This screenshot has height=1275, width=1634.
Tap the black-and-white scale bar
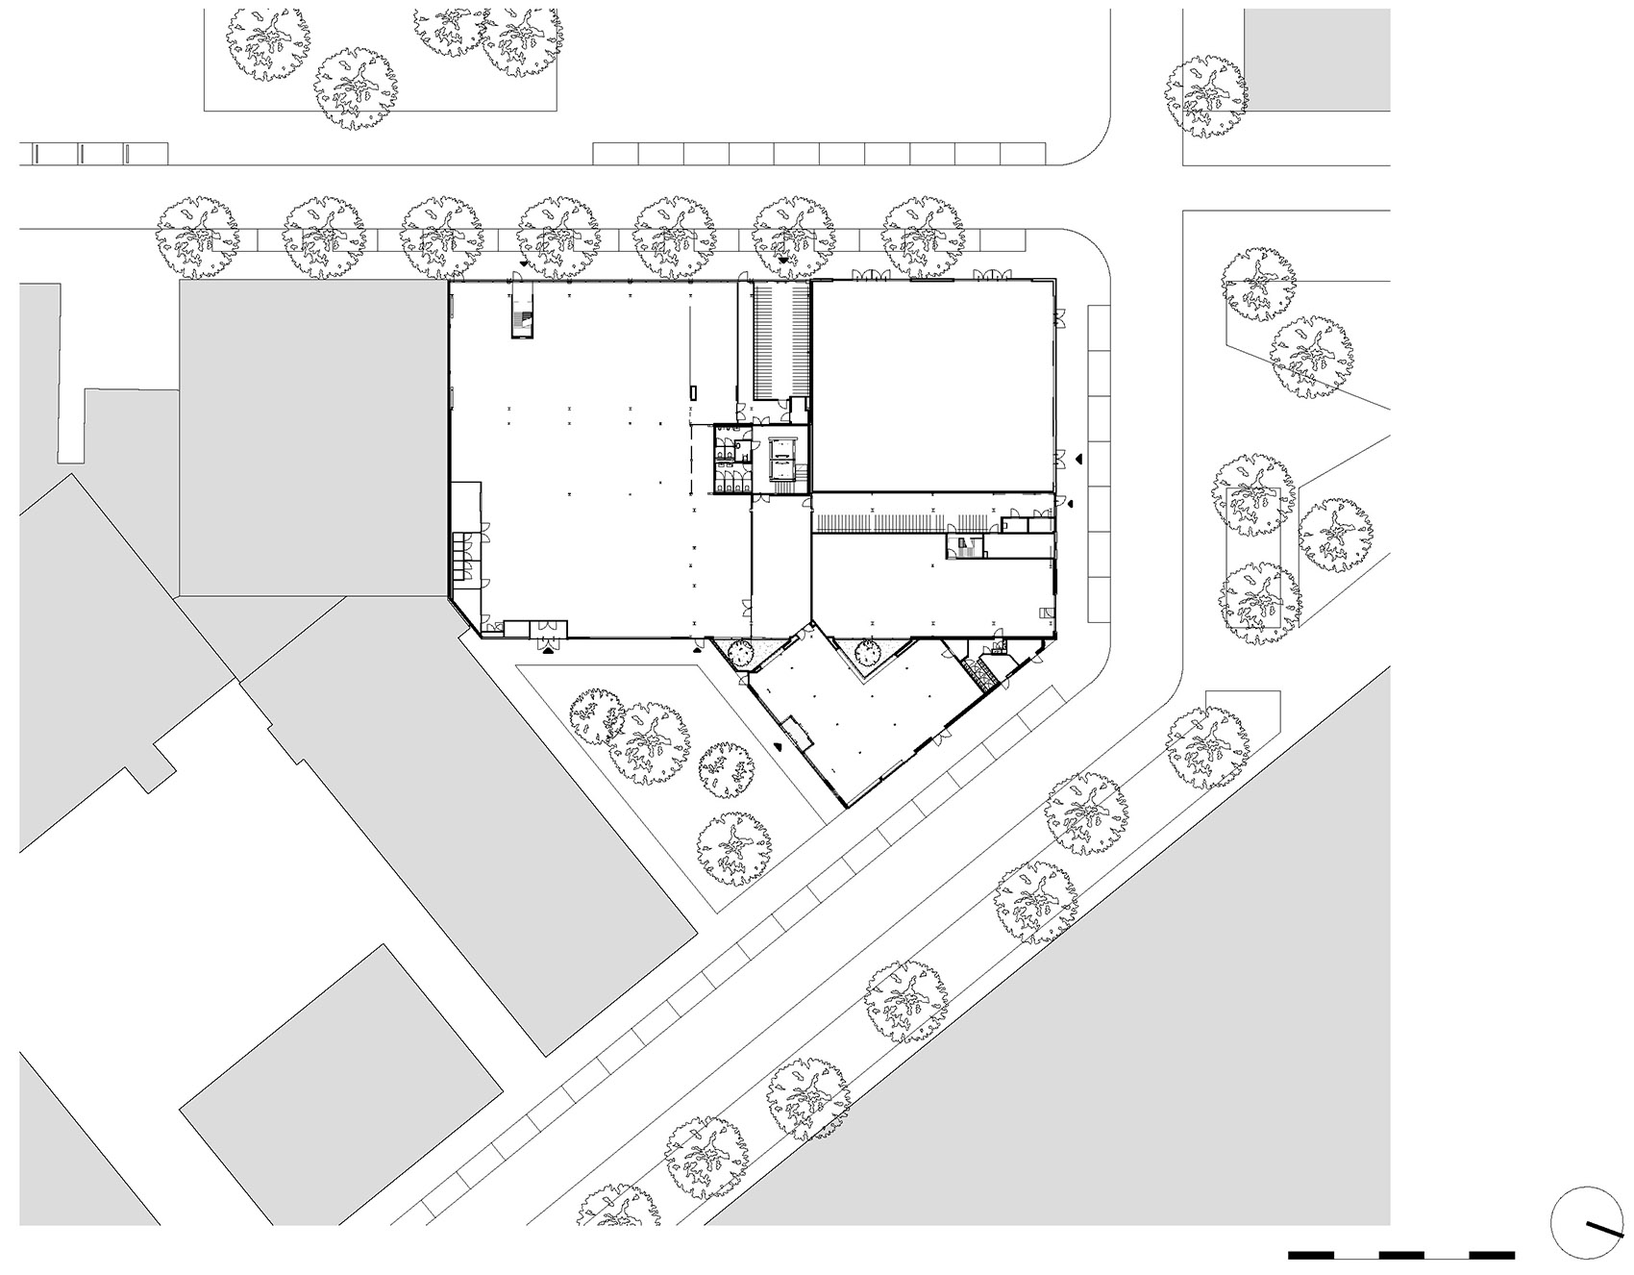coord(1400,1254)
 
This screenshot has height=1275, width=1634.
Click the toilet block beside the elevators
coord(730,461)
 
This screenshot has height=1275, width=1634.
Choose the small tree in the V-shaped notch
coord(866,653)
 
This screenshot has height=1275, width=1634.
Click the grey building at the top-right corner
coord(1317,60)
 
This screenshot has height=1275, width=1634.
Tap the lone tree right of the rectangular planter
coord(1335,536)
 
